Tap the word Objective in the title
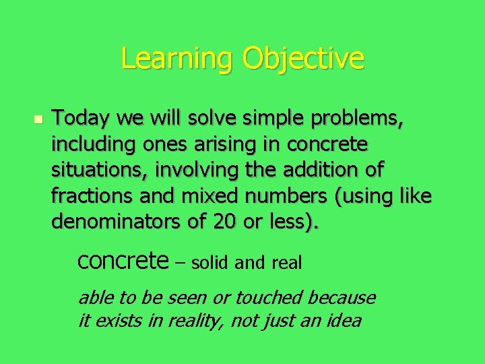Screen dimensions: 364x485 tap(304, 59)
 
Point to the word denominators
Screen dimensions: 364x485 tap(112, 222)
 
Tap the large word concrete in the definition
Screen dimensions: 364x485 tap(123, 260)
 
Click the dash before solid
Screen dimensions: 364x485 tap(180, 262)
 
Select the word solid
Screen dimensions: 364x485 tap(211, 262)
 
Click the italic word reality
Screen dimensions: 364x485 tap(194, 320)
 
